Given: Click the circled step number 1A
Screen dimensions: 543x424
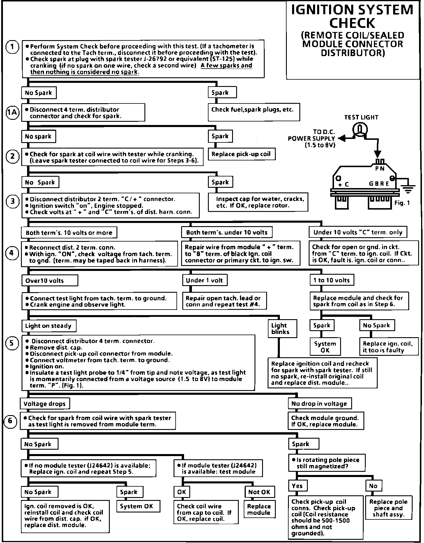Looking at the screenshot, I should click(13, 112).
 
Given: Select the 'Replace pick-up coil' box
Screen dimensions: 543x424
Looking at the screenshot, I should click(241, 154).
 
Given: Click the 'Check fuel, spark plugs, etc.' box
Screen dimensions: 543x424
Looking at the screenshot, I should click(254, 112).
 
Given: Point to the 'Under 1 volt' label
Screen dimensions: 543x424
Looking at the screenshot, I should click(204, 280).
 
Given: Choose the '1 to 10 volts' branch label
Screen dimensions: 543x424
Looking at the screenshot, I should click(332, 280).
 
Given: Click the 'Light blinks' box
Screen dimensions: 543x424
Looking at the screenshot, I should click(282, 329).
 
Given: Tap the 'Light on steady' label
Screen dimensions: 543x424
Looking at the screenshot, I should click(49, 326).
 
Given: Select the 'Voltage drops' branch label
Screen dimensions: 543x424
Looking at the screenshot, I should click(45, 403).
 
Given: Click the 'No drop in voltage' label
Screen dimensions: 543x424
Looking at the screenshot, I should click(319, 403).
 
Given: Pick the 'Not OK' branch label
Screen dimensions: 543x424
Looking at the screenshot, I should click(259, 492).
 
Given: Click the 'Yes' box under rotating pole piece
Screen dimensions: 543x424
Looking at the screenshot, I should click(297, 486).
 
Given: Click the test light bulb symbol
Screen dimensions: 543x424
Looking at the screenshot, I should click(360, 129).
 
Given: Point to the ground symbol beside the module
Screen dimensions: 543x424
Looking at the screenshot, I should click(409, 189).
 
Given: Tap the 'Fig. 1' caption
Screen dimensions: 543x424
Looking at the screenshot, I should click(402, 203).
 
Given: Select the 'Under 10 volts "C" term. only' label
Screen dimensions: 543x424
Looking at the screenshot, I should click(358, 232).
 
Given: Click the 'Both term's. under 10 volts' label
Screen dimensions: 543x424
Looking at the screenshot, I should click(227, 232).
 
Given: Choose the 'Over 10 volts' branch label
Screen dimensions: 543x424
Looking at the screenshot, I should click(50, 281).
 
